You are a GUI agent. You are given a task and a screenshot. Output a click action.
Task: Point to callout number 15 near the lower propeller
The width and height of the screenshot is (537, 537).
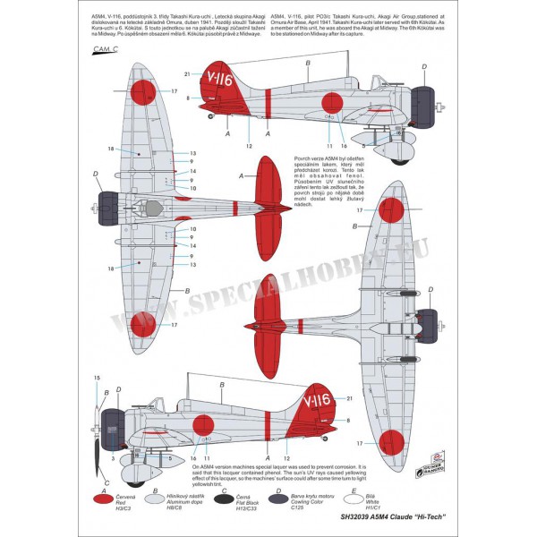(x=97, y=379)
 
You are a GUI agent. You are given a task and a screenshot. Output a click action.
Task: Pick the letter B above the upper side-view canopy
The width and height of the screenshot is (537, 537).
(x=307, y=63)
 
